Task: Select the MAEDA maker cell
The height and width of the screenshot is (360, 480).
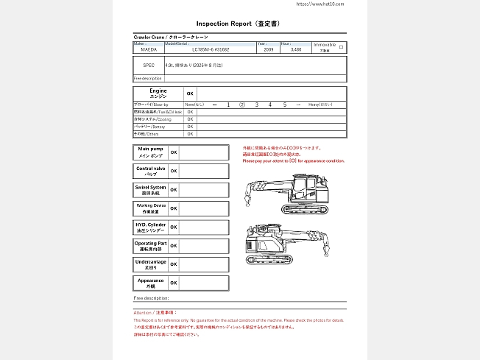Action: pyautogui.click(x=148, y=50)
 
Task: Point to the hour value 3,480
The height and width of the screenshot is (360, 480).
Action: pyautogui.click(x=296, y=50)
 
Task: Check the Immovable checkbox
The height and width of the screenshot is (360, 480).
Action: pyautogui.click(x=341, y=46)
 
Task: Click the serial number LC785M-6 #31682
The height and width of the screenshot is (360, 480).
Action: pyautogui.click(x=211, y=50)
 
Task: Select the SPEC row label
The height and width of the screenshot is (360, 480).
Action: pyautogui.click(x=149, y=66)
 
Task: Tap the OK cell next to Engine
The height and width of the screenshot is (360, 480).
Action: pyautogui.click(x=189, y=93)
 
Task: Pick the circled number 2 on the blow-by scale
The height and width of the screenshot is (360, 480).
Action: pyautogui.click(x=242, y=105)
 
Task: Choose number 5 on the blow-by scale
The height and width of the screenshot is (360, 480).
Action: pyautogui.click(x=285, y=105)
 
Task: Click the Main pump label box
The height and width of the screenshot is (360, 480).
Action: pyautogui.click(x=150, y=152)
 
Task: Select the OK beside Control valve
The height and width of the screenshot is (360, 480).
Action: pyautogui.click(x=174, y=171)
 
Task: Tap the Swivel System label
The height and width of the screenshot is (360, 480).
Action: pyautogui.click(x=150, y=190)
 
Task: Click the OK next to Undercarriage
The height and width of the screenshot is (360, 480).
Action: pyautogui.click(x=174, y=264)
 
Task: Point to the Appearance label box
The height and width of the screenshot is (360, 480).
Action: pyautogui.click(x=150, y=283)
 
